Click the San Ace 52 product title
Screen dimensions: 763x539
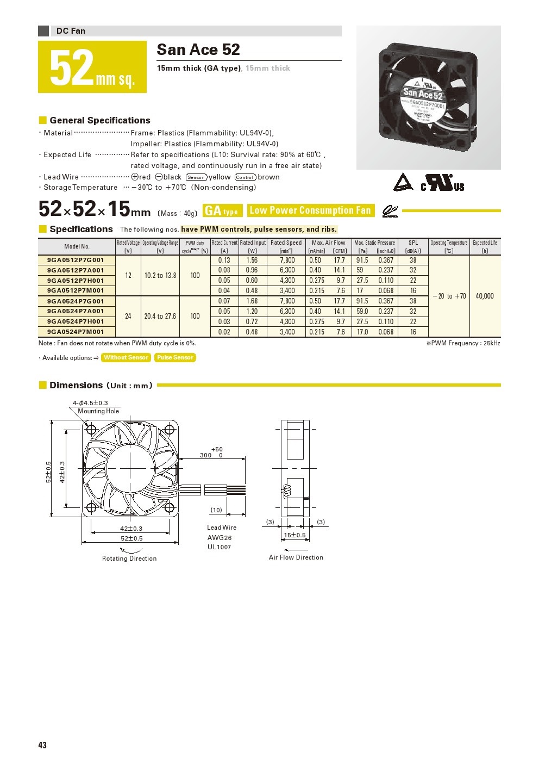tap(198, 50)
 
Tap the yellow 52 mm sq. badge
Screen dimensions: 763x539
tap(92, 67)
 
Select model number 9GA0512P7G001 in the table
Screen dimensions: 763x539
tap(76, 260)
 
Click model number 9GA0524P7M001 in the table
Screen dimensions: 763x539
tap(76, 332)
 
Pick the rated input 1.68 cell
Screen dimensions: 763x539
tap(252, 301)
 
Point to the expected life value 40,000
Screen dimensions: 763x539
tap(485, 296)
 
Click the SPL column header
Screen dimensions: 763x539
tap(413, 243)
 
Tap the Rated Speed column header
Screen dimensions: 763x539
tap(286, 243)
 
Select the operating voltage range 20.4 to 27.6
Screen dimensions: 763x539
tap(160, 316)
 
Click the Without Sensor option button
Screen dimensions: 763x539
tap(126, 357)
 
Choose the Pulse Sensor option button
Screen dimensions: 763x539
tap(175, 357)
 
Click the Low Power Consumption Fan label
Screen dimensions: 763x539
tap(310, 210)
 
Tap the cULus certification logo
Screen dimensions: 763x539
tap(442, 183)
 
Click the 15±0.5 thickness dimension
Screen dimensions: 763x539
tap(294, 535)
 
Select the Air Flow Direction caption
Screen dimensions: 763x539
tap(296, 557)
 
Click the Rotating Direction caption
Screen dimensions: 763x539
tap(129, 559)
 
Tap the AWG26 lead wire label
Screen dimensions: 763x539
tap(220, 537)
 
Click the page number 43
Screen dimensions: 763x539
tap(42, 745)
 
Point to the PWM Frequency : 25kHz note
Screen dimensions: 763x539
tap(463, 343)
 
